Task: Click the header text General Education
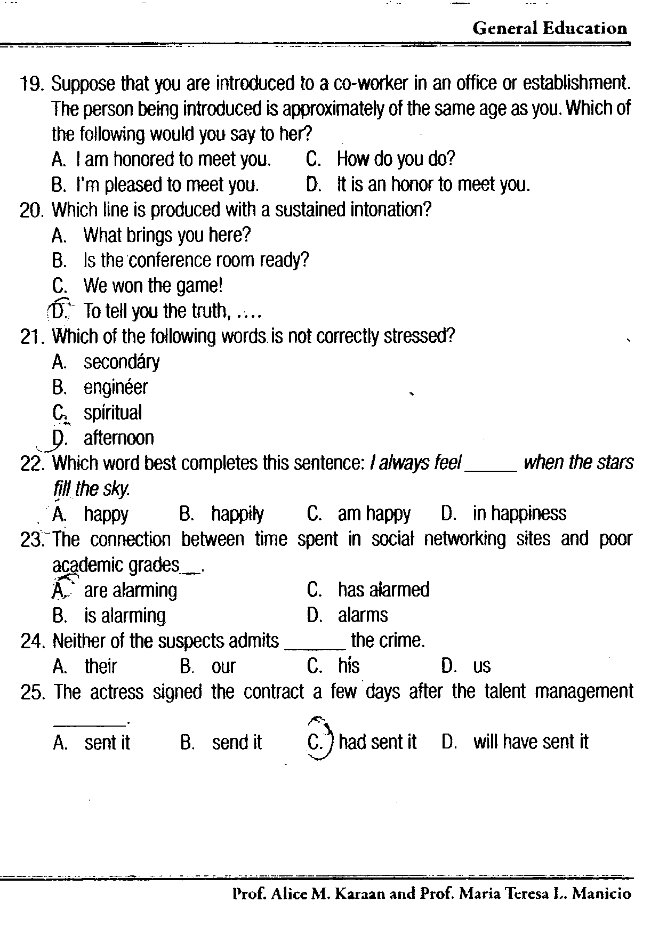[x=549, y=28]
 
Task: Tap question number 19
[x=33, y=84]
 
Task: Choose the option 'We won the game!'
[x=153, y=286]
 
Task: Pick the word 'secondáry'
[x=122, y=362]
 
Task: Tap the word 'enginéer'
[x=116, y=387]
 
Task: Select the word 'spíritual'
[x=113, y=413]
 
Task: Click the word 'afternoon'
[x=119, y=438]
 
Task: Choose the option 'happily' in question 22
[x=237, y=514]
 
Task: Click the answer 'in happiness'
[x=519, y=513]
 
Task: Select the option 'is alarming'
[x=125, y=616]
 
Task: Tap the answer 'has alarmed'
[x=383, y=590]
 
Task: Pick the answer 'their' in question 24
[x=100, y=666]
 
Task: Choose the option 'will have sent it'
[x=531, y=742]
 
